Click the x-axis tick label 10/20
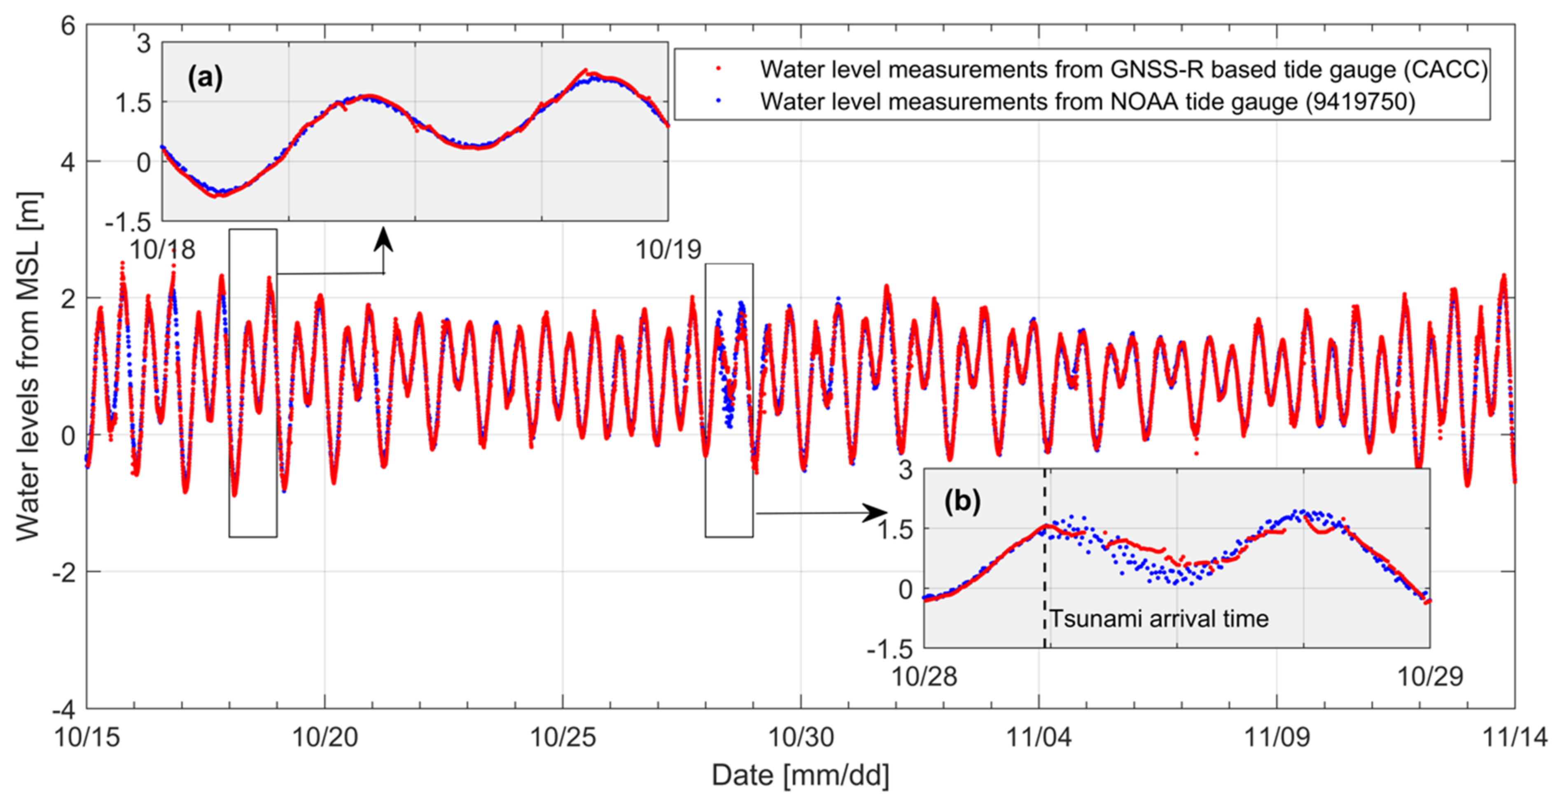(325, 737)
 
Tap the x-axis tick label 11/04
(1039, 737)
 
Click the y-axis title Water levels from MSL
(28, 366)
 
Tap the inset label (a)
(205, 78)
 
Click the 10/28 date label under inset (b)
(924, 676)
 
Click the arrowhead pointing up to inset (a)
(383, 238)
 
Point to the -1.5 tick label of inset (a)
(128, 222)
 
